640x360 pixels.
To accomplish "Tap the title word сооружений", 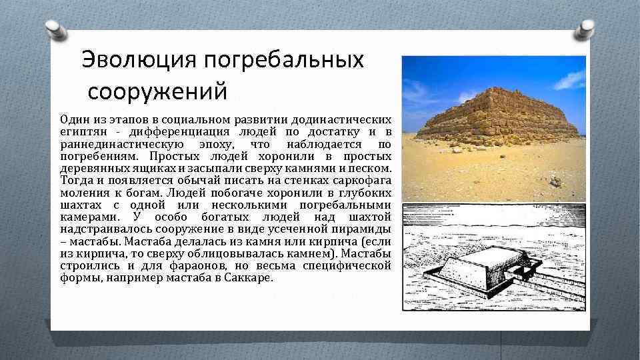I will coord(157,89).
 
